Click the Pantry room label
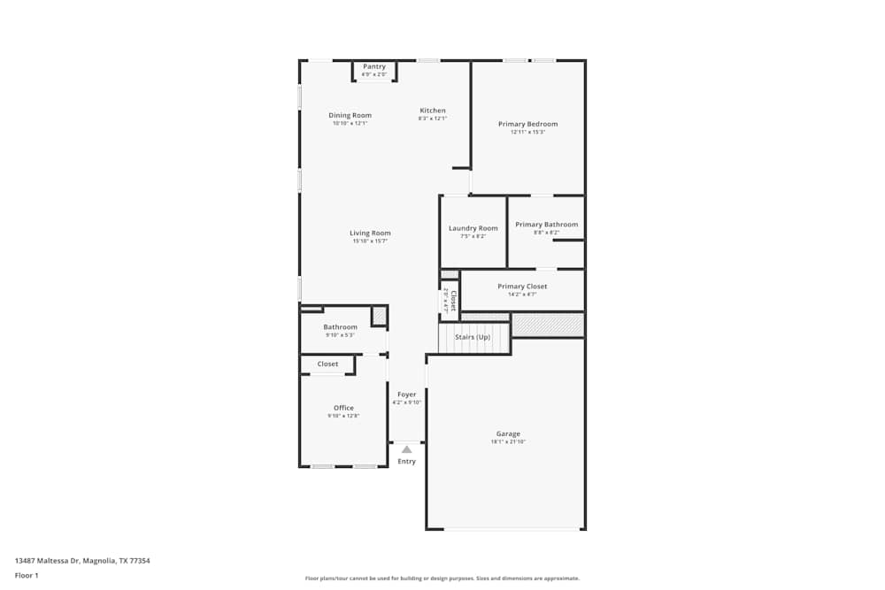[x=374, y=66]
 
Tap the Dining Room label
[x=350, y=115]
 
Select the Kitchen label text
[x=433, y=111]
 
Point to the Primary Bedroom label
[x=527, y=124]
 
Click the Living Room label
[x=370, y=233]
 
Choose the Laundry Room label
[x=473, y=228]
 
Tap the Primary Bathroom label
[x=546, y=225]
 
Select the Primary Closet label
[x=522, y=287]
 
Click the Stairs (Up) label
[x=473, y=337]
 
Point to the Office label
[x=343, y=408]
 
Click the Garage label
[x=508, y=433]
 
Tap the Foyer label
[x=406, y=395]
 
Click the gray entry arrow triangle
[x=406, y=449]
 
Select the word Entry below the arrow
[x=406, y=462]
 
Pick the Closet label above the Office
[x=327, y=364]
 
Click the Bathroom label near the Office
[x=340, y=327]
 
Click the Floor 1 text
[x=27, y=575]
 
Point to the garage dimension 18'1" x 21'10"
[x=508, y=441]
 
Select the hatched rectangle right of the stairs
[x=548, y=326]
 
